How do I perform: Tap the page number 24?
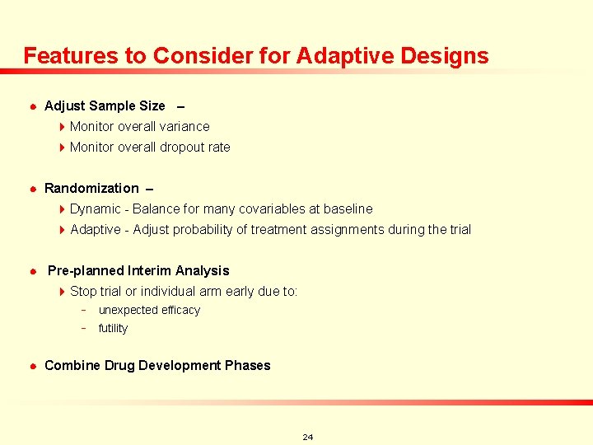(307, 437)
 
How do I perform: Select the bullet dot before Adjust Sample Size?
(31, 106)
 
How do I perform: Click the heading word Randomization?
(91, 188)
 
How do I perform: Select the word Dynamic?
(95, 208)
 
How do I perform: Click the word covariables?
(270, 208)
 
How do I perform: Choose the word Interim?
(149, 270)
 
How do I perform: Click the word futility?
(113, 328)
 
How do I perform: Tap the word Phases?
(248, 365)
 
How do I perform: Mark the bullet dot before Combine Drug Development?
(31, 366)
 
